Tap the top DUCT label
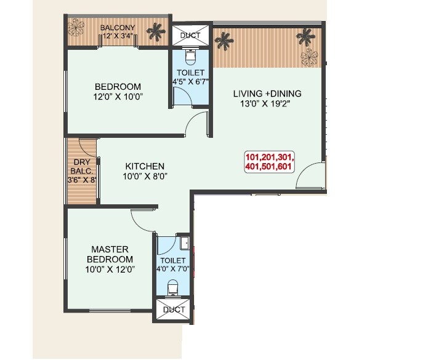tap(190, 36)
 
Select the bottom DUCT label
tap(175, 310)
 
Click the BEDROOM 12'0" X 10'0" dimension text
tap(118, 97)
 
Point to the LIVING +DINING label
tap(267, 94)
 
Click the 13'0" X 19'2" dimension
tap(267, 104)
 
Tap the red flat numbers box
tap(270, 161)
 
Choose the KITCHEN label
tap(145, 166)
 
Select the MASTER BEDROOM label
tap(110, 254)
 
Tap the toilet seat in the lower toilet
tap(174, 287)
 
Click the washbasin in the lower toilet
tap(184, 241)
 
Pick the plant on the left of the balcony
tap(78, 28)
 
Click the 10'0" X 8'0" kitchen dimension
tap(145, 176)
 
